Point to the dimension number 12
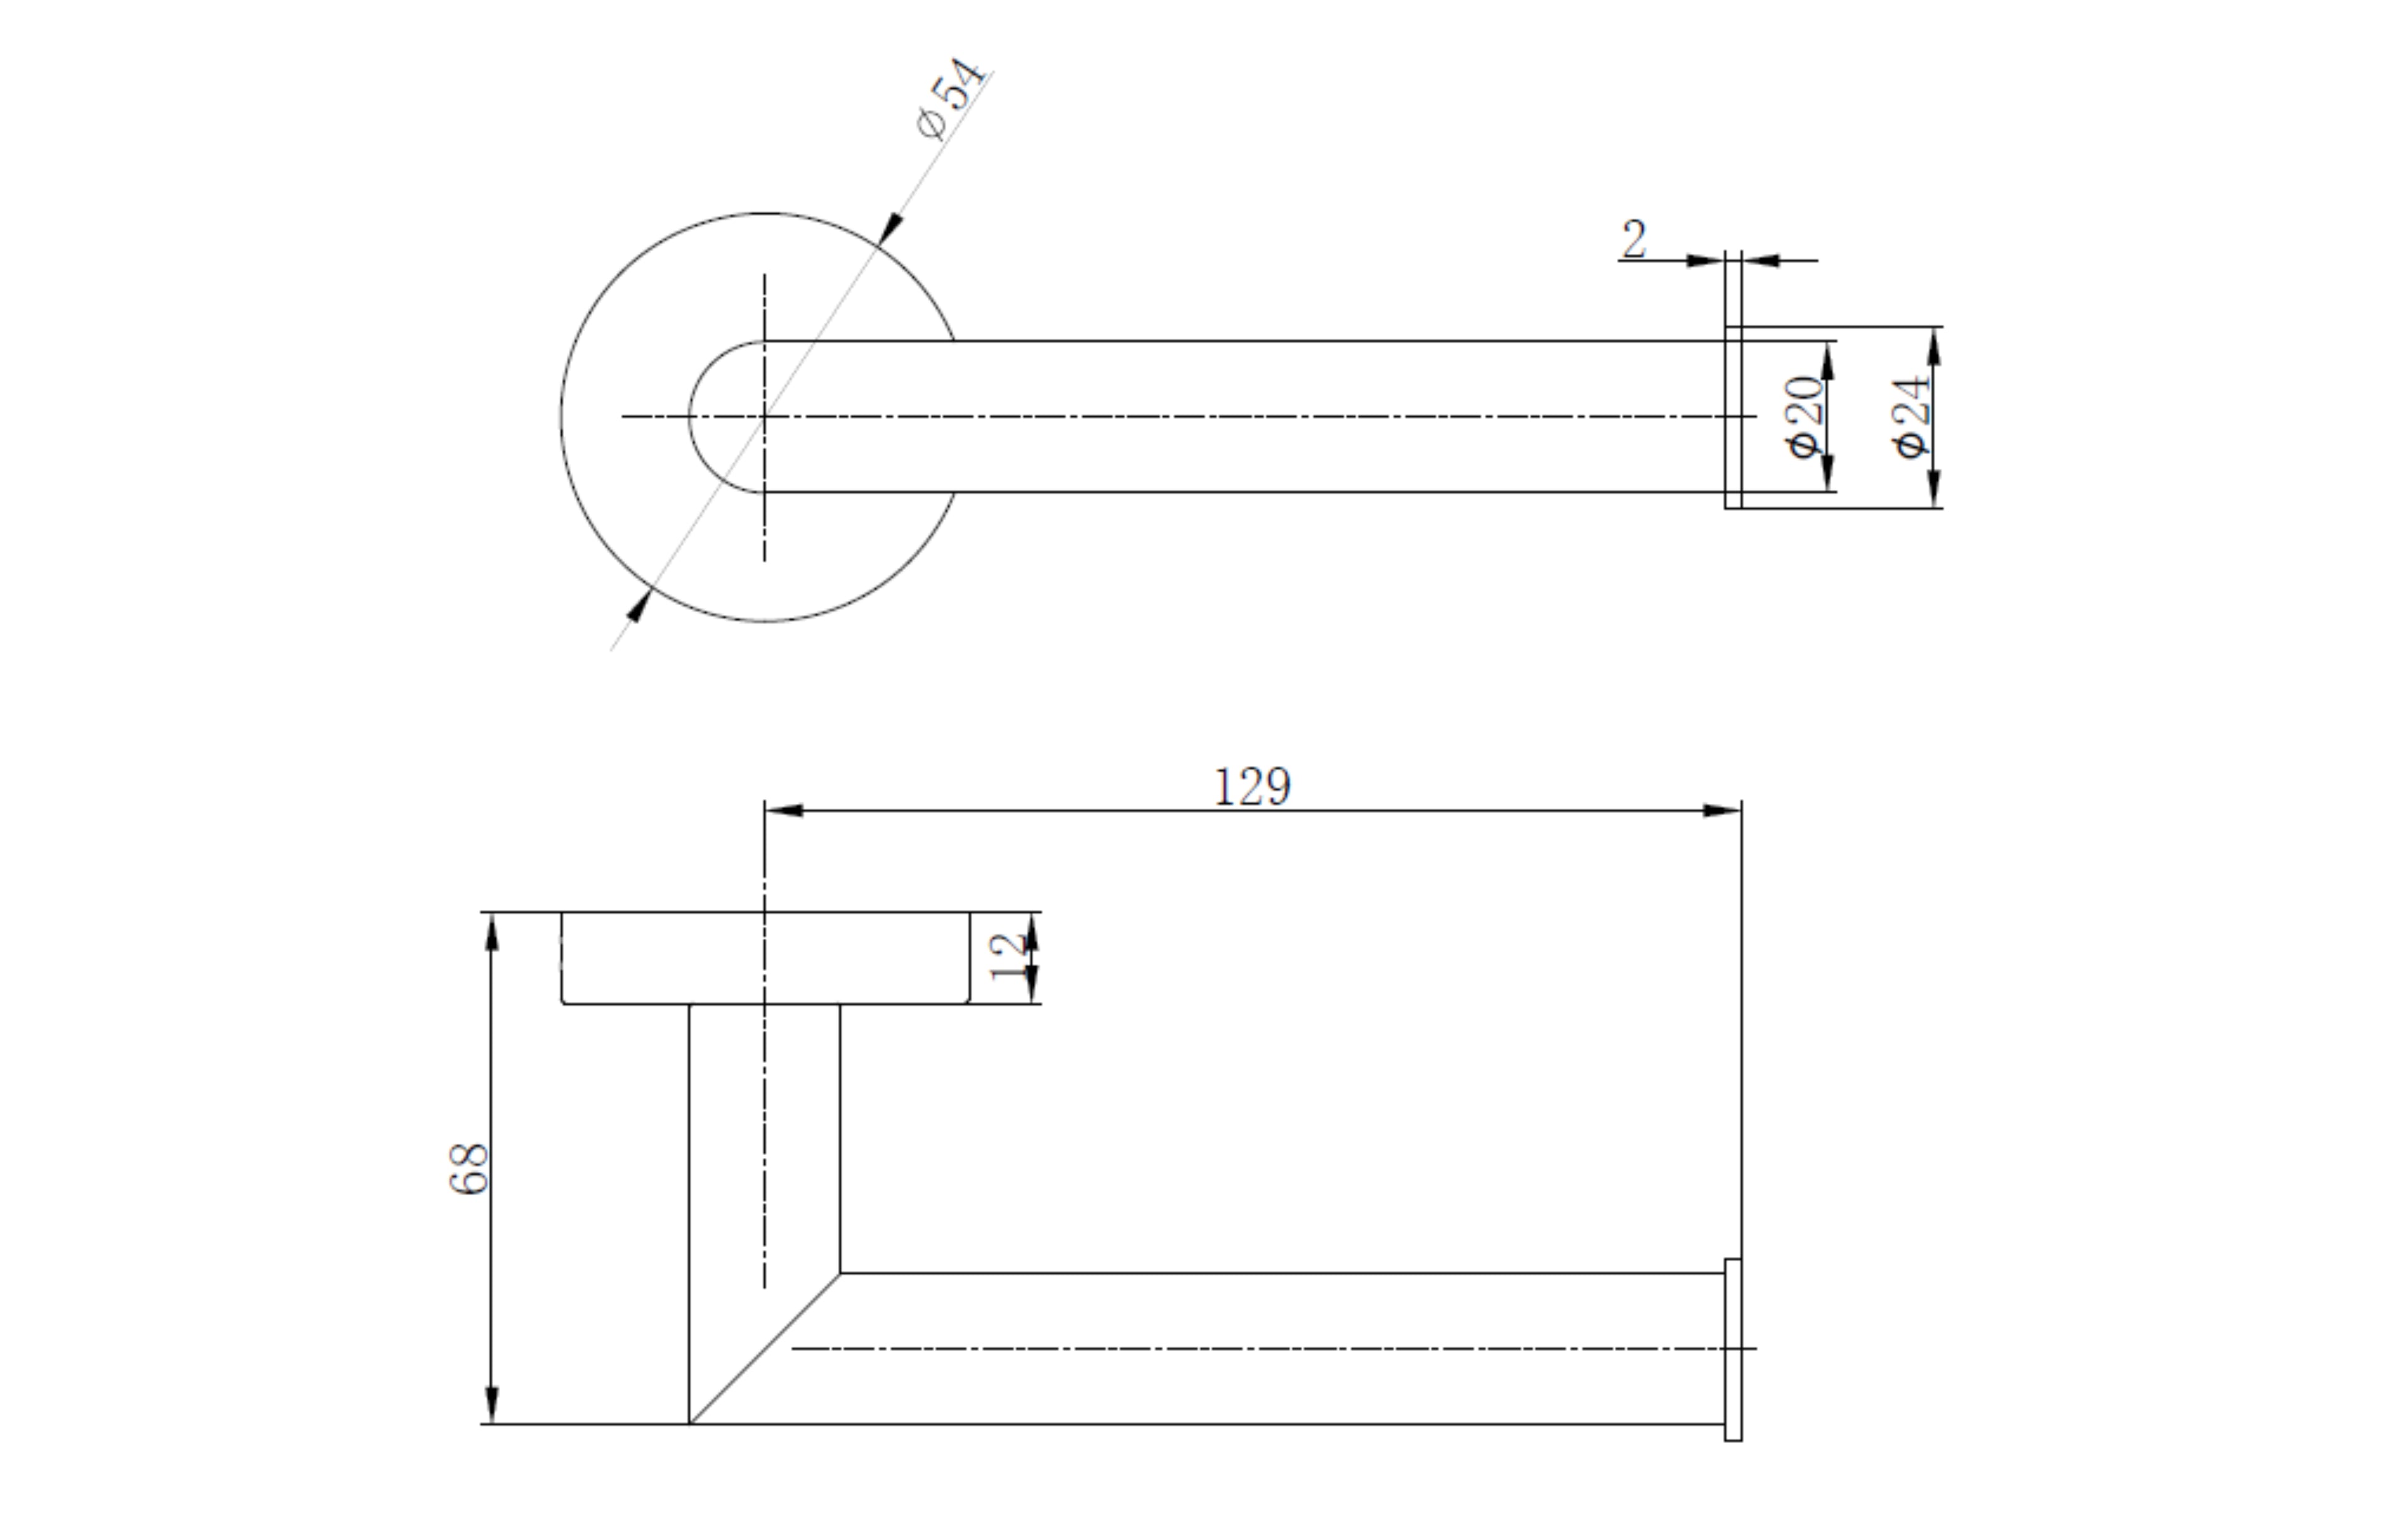1008,956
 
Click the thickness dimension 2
1634,239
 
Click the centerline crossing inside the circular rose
764,416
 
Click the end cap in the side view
1732,1349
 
